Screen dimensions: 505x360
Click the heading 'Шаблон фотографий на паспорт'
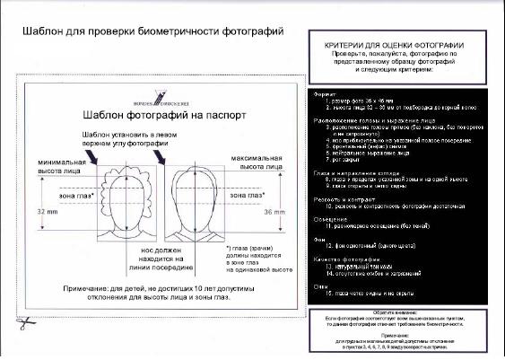click(x=154, y=115)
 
